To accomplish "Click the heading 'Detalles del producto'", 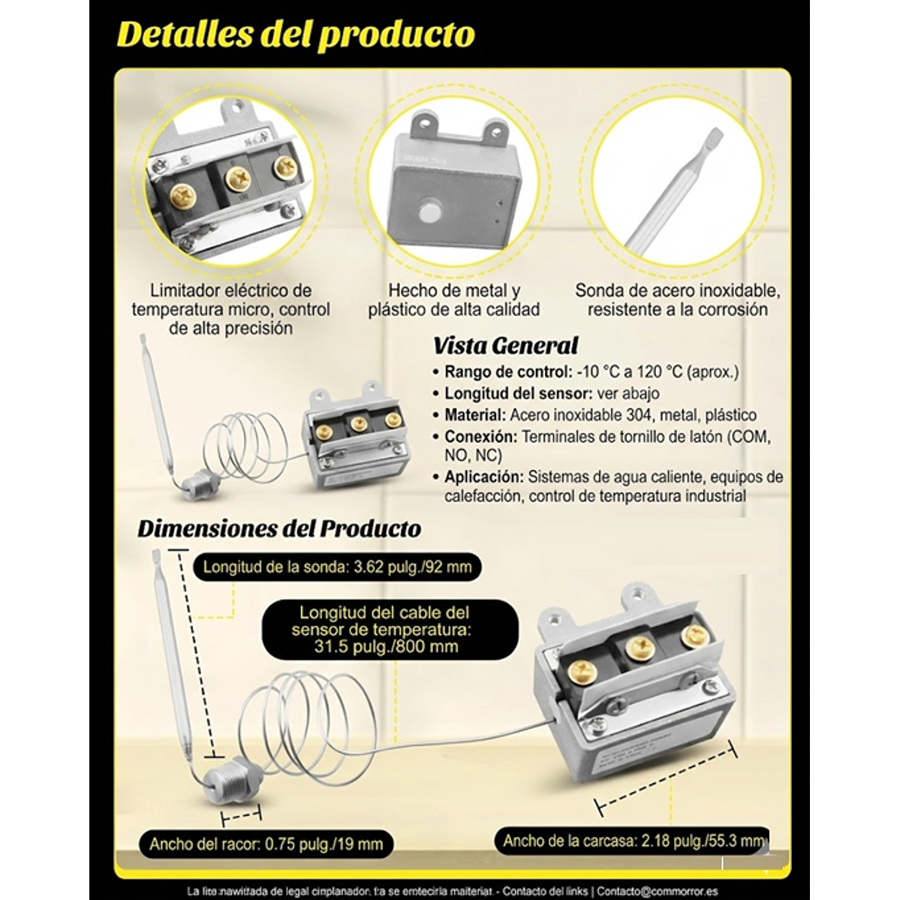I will (x=296, y=35).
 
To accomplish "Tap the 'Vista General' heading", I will (x=505, y=345).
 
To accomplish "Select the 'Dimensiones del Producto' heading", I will (x=278, y=528).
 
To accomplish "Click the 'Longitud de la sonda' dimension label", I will (x=337, y=567).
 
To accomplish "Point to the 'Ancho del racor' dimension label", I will (x=266, y=844).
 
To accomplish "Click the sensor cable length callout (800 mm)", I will (x=385, y=630).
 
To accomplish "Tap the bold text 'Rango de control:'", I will (x=508, y=372).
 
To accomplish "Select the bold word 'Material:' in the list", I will (x=475, y=414).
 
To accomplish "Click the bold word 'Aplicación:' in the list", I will (x=484, y=477).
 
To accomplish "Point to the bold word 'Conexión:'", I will (x=480, y=436).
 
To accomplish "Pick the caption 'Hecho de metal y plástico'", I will (x=454, y=299).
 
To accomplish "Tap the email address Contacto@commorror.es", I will (x=657, y=892).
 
